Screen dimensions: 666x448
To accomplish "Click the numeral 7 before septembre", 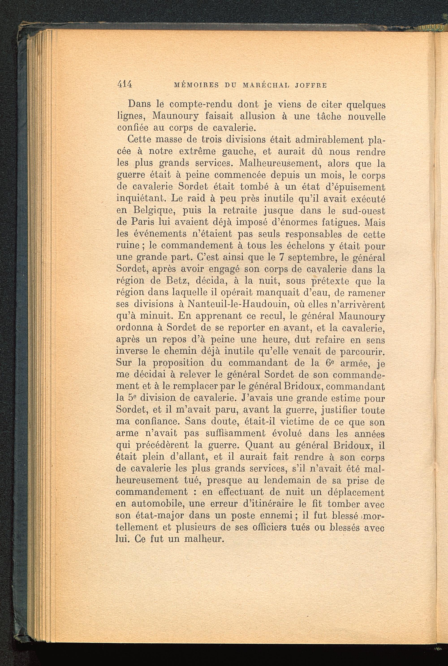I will coord(281,257).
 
